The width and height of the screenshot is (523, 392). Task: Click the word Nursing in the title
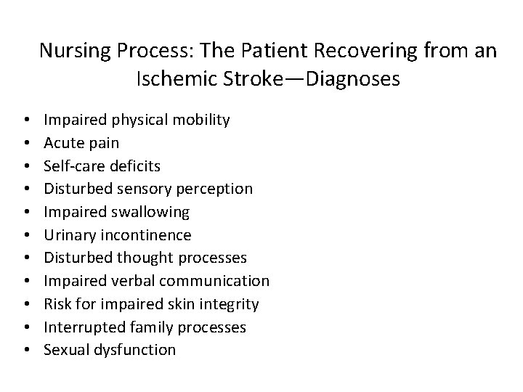[71, 51]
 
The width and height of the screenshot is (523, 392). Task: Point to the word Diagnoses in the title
[353, 78]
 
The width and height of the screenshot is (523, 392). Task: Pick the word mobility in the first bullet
[202, 120]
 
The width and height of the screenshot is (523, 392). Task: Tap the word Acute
[62, 143]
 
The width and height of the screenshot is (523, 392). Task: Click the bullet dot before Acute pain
[25, 143]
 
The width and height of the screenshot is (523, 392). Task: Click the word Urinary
[69, 235]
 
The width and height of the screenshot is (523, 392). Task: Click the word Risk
[57, 303]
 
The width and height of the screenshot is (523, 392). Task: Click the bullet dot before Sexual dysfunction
[25, 350]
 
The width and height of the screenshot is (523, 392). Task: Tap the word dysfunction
[137, 350]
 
